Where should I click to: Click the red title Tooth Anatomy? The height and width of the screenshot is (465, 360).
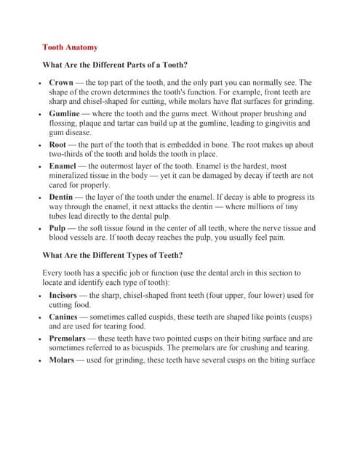(70, 47)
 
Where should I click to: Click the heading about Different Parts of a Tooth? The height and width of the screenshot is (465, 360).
(115, 65)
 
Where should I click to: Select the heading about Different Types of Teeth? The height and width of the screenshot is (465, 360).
(113, 255)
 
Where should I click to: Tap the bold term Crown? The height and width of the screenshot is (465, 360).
(61, 83)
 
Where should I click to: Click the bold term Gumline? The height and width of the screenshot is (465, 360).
(65, 114)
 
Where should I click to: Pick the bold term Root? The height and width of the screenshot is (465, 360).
(58, 145)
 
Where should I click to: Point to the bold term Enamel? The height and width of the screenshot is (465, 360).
(64, 166)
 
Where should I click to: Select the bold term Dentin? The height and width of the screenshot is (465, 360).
(63, 197)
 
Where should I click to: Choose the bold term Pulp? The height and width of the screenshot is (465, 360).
(58, 228)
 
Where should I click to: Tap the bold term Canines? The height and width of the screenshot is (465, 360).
(64, 317)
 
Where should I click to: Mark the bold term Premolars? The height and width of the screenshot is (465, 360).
(68, 339)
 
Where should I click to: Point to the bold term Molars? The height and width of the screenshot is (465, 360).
(61, 360)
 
